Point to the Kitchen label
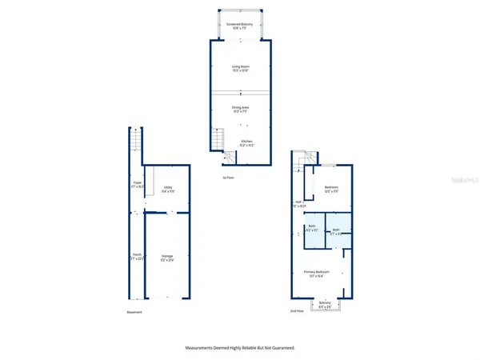click(x=247, y=144)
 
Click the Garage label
click(x=167, y=258)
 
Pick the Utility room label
click(x=168, y=190)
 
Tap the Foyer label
click(x=137, y=184)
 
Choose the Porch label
click(x=137, y=256)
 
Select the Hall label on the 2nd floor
click(x=298, y=202)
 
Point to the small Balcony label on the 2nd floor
click(x=324, y=304)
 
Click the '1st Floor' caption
click(x=229, y=177)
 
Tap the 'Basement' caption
click(x=134, y=312)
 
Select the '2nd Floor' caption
click(x=298, y=310)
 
